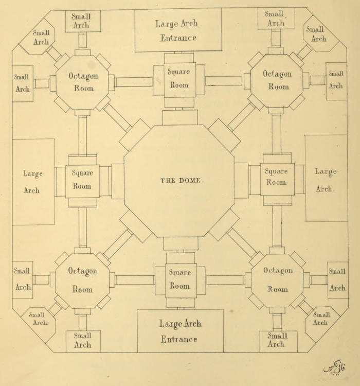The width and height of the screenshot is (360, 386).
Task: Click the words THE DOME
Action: pyautogui.click(x=179, y=181)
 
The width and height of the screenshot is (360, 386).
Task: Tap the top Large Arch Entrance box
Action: pyautogui.click(x=178, y=30)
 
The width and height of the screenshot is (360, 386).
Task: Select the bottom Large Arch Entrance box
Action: pyautogui.click(x=179, y=331)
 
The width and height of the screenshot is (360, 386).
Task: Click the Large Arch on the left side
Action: pyautogui.click(x=33, y=182)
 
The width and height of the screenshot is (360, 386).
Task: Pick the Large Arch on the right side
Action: pyautogui.click(x=326, y=179)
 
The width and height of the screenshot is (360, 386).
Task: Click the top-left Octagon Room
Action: pyautogui.click(x=82, y=82)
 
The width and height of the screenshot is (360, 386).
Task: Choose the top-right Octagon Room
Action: pyautogui.click(x=277, y=80)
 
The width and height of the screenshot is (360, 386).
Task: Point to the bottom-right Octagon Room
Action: pyautogui.click(x=278, y=280)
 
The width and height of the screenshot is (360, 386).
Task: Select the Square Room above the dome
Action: pyautogui.click(x=179, y=79)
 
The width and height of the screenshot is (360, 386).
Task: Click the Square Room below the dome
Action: pyautogui.click(x=179, y=279)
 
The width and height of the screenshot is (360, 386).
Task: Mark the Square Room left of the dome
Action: pyautogui.click(x=82, y=180)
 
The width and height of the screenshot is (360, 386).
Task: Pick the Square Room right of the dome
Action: pyautogui.click(x=277, y=177)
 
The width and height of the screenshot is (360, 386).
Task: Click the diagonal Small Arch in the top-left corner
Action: pyautogui.click(x=40, y=38)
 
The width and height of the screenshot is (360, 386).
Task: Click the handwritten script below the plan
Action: pyautogui.click(x=334, y=369)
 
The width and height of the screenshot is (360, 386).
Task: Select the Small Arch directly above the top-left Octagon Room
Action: pyautogui.click(x=83, y=21)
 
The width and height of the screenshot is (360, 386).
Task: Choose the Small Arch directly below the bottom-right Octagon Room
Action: pyautogui.click(x=277, y=340)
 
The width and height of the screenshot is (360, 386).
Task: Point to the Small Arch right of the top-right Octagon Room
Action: pyautogui.click(x=336, y=80)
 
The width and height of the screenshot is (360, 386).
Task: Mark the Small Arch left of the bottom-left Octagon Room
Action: pyautogui.click(x=23, y=279)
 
